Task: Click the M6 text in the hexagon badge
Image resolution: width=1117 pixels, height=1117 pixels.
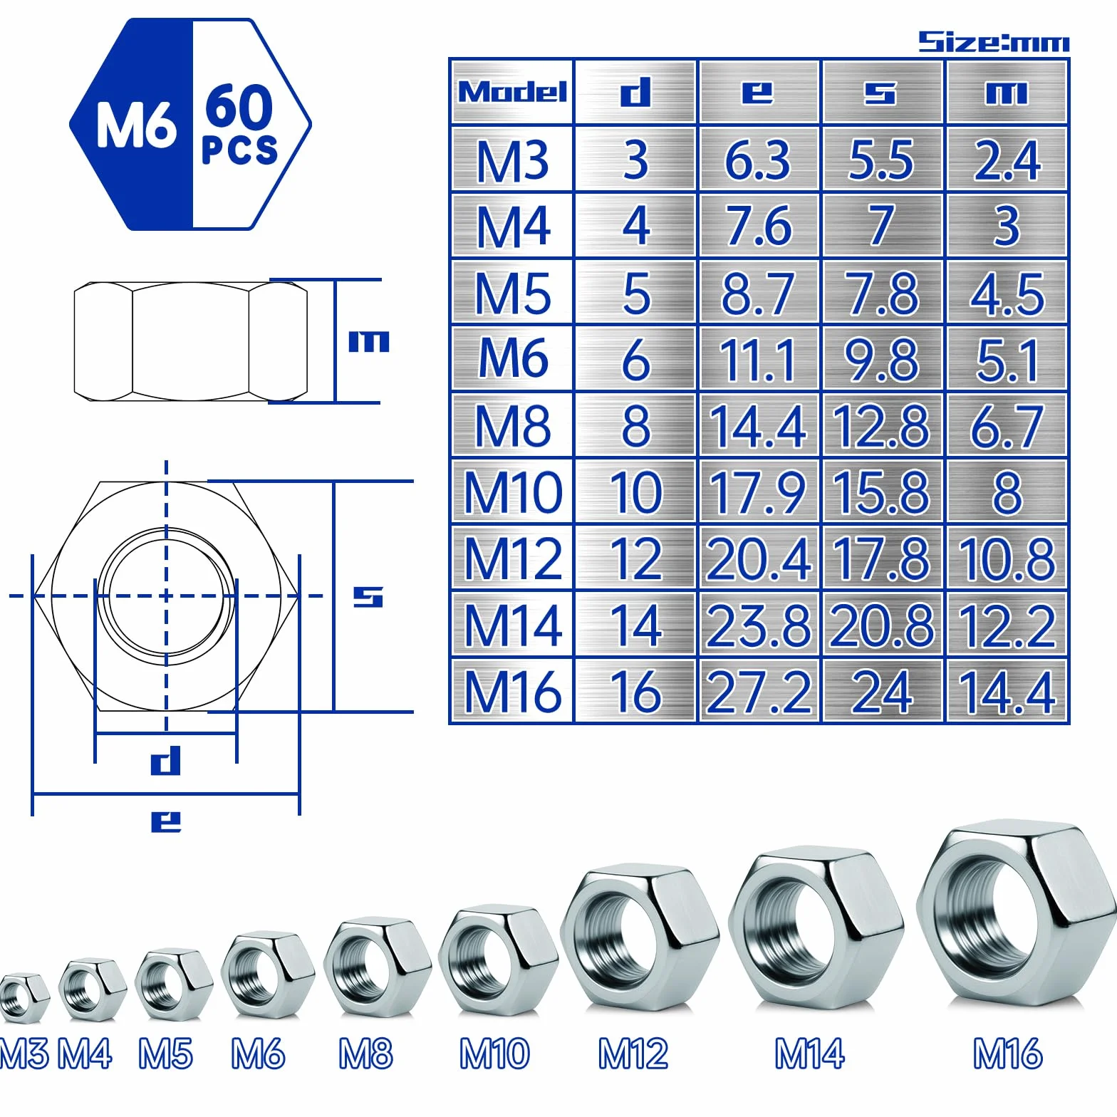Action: coord(136,125)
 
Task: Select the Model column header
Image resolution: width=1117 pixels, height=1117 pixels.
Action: coord(512,92)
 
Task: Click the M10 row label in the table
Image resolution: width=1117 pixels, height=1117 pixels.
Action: coord(513,492)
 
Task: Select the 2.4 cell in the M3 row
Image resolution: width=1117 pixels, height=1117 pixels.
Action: coord(1007,160)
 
